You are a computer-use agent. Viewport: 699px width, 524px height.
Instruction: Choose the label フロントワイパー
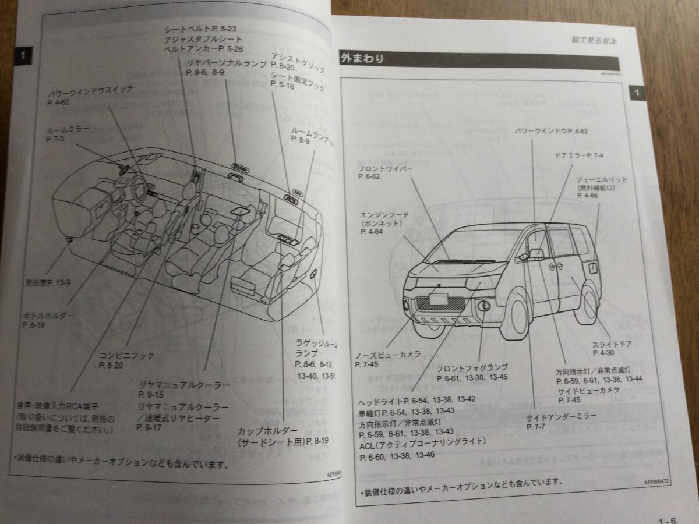(x=386, y=169)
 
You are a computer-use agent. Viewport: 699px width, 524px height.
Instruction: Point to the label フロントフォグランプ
(x=472, y=367)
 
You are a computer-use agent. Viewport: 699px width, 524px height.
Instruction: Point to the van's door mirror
(x=535, y=254)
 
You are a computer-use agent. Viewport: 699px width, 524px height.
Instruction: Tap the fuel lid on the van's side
(x=592, y=267)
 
